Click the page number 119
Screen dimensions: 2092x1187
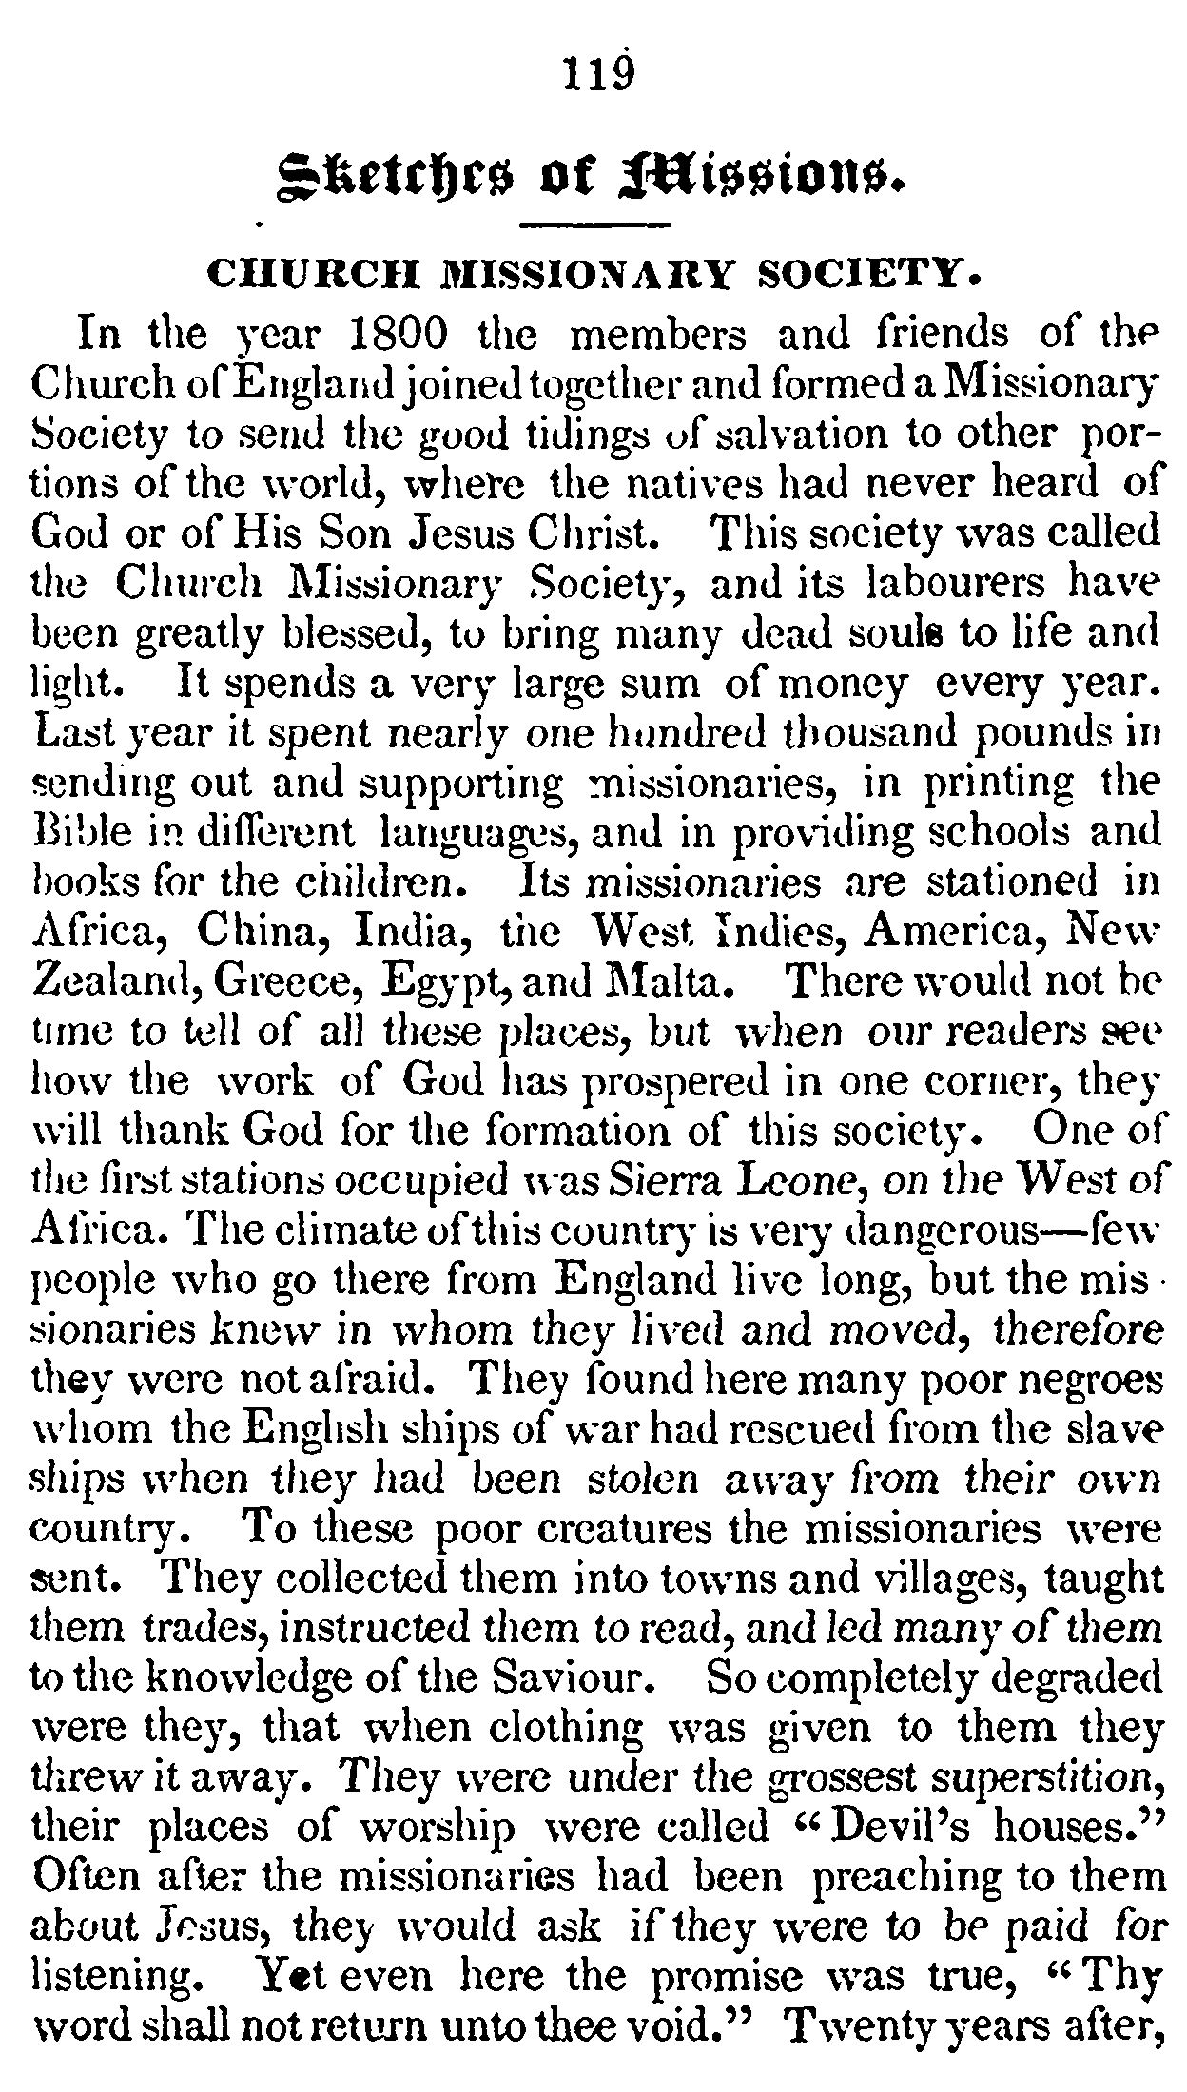tap(596, 74)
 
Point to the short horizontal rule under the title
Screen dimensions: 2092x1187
tap(596, 226)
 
